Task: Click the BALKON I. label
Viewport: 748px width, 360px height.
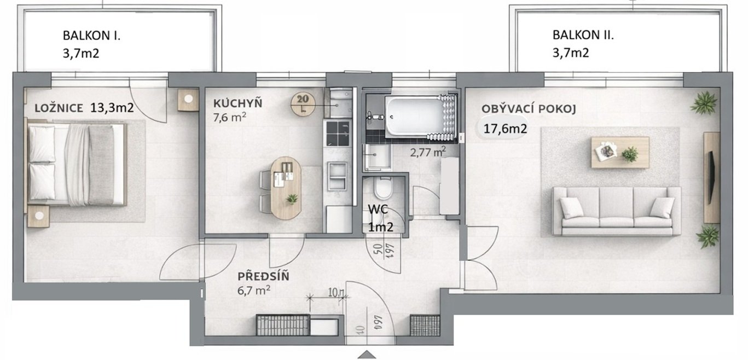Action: click(92, 37)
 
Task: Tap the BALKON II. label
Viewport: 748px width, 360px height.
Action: click(583, 36)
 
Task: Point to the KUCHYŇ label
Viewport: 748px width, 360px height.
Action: click(238, 102)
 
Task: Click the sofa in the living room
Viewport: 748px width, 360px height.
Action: click(616, 211)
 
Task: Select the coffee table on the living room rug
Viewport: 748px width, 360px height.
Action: click(620, 152)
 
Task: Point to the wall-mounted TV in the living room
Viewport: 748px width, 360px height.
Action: click(711, 177)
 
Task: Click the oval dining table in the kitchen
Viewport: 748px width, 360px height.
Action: click(286, 188)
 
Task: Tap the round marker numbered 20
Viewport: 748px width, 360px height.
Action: click(303, 102)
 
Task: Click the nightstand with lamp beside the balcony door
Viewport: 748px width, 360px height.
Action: click(188, 100)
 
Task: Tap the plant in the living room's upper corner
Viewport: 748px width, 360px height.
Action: click(703, 103)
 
